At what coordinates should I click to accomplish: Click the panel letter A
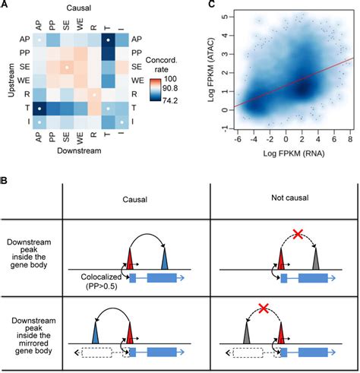(x=5, y=6)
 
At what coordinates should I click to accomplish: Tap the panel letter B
(x=5, y=182)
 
